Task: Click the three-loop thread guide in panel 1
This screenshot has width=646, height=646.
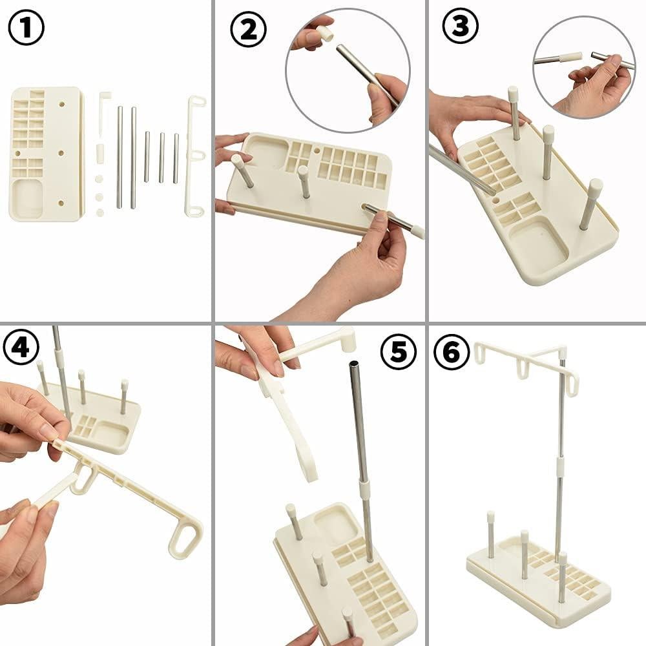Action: [x=194, y=155]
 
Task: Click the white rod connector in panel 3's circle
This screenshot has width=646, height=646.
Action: [x=571, y=57]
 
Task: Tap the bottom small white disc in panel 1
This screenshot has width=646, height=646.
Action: [x=99, y=212]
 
